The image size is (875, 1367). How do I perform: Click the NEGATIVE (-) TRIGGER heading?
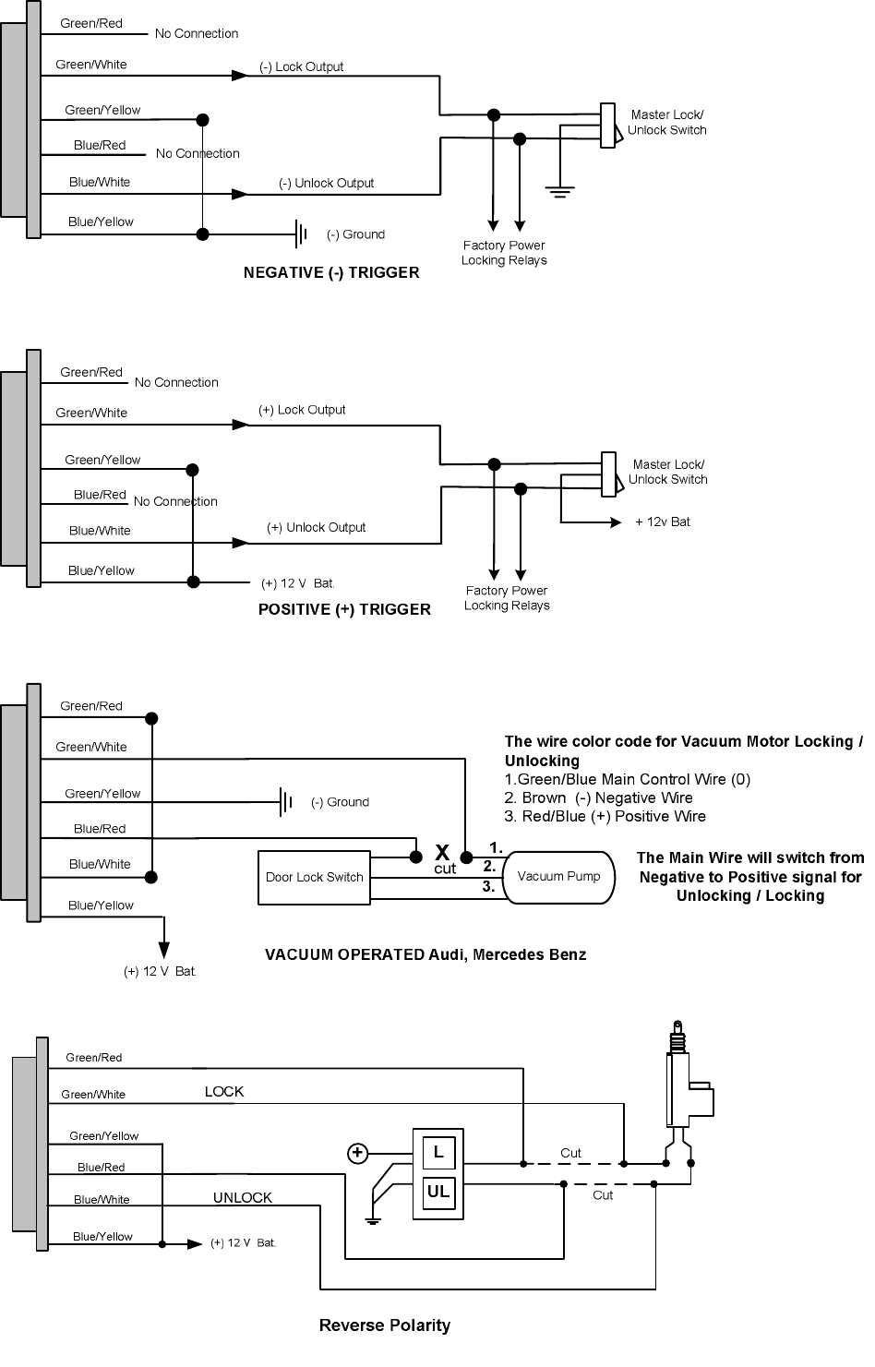coord(330,273)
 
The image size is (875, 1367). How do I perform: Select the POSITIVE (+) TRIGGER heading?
coord(344,609)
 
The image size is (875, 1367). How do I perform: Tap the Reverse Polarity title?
coord(385,1325)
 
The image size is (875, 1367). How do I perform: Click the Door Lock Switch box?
coord(314,877)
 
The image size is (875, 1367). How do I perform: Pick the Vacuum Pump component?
coord(557,877)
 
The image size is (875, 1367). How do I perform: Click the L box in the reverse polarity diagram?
coord(438,1152)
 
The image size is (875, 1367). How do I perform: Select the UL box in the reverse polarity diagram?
coord(438,1192)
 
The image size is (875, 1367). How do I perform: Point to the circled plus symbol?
coord(357,1153)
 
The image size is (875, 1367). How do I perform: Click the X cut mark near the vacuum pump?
coord(443,853)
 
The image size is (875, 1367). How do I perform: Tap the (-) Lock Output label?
coord(301,67)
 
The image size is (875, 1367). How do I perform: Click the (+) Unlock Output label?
coord(316,528)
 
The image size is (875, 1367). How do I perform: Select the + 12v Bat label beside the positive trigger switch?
coord(663,522)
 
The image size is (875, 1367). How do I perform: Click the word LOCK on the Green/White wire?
coord(224,1092)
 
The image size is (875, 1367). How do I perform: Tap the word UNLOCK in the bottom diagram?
coord(243,1198)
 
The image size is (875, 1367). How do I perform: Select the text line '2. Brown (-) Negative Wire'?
coord(598,798)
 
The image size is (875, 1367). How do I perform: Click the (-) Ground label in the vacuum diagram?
coord(340,802)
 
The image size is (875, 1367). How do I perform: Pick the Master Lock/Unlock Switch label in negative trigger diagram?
coord(667,123)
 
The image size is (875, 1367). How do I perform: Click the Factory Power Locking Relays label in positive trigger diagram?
coord(507,598)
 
